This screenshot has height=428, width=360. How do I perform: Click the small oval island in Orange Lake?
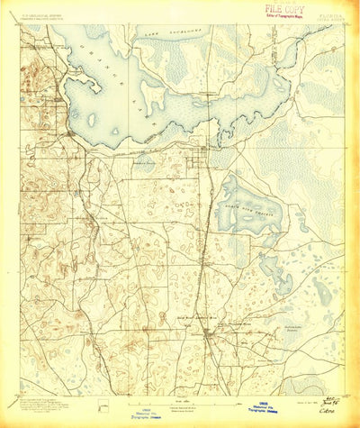pos(92,118)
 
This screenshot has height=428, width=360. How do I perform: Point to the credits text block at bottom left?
pos(36,402)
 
